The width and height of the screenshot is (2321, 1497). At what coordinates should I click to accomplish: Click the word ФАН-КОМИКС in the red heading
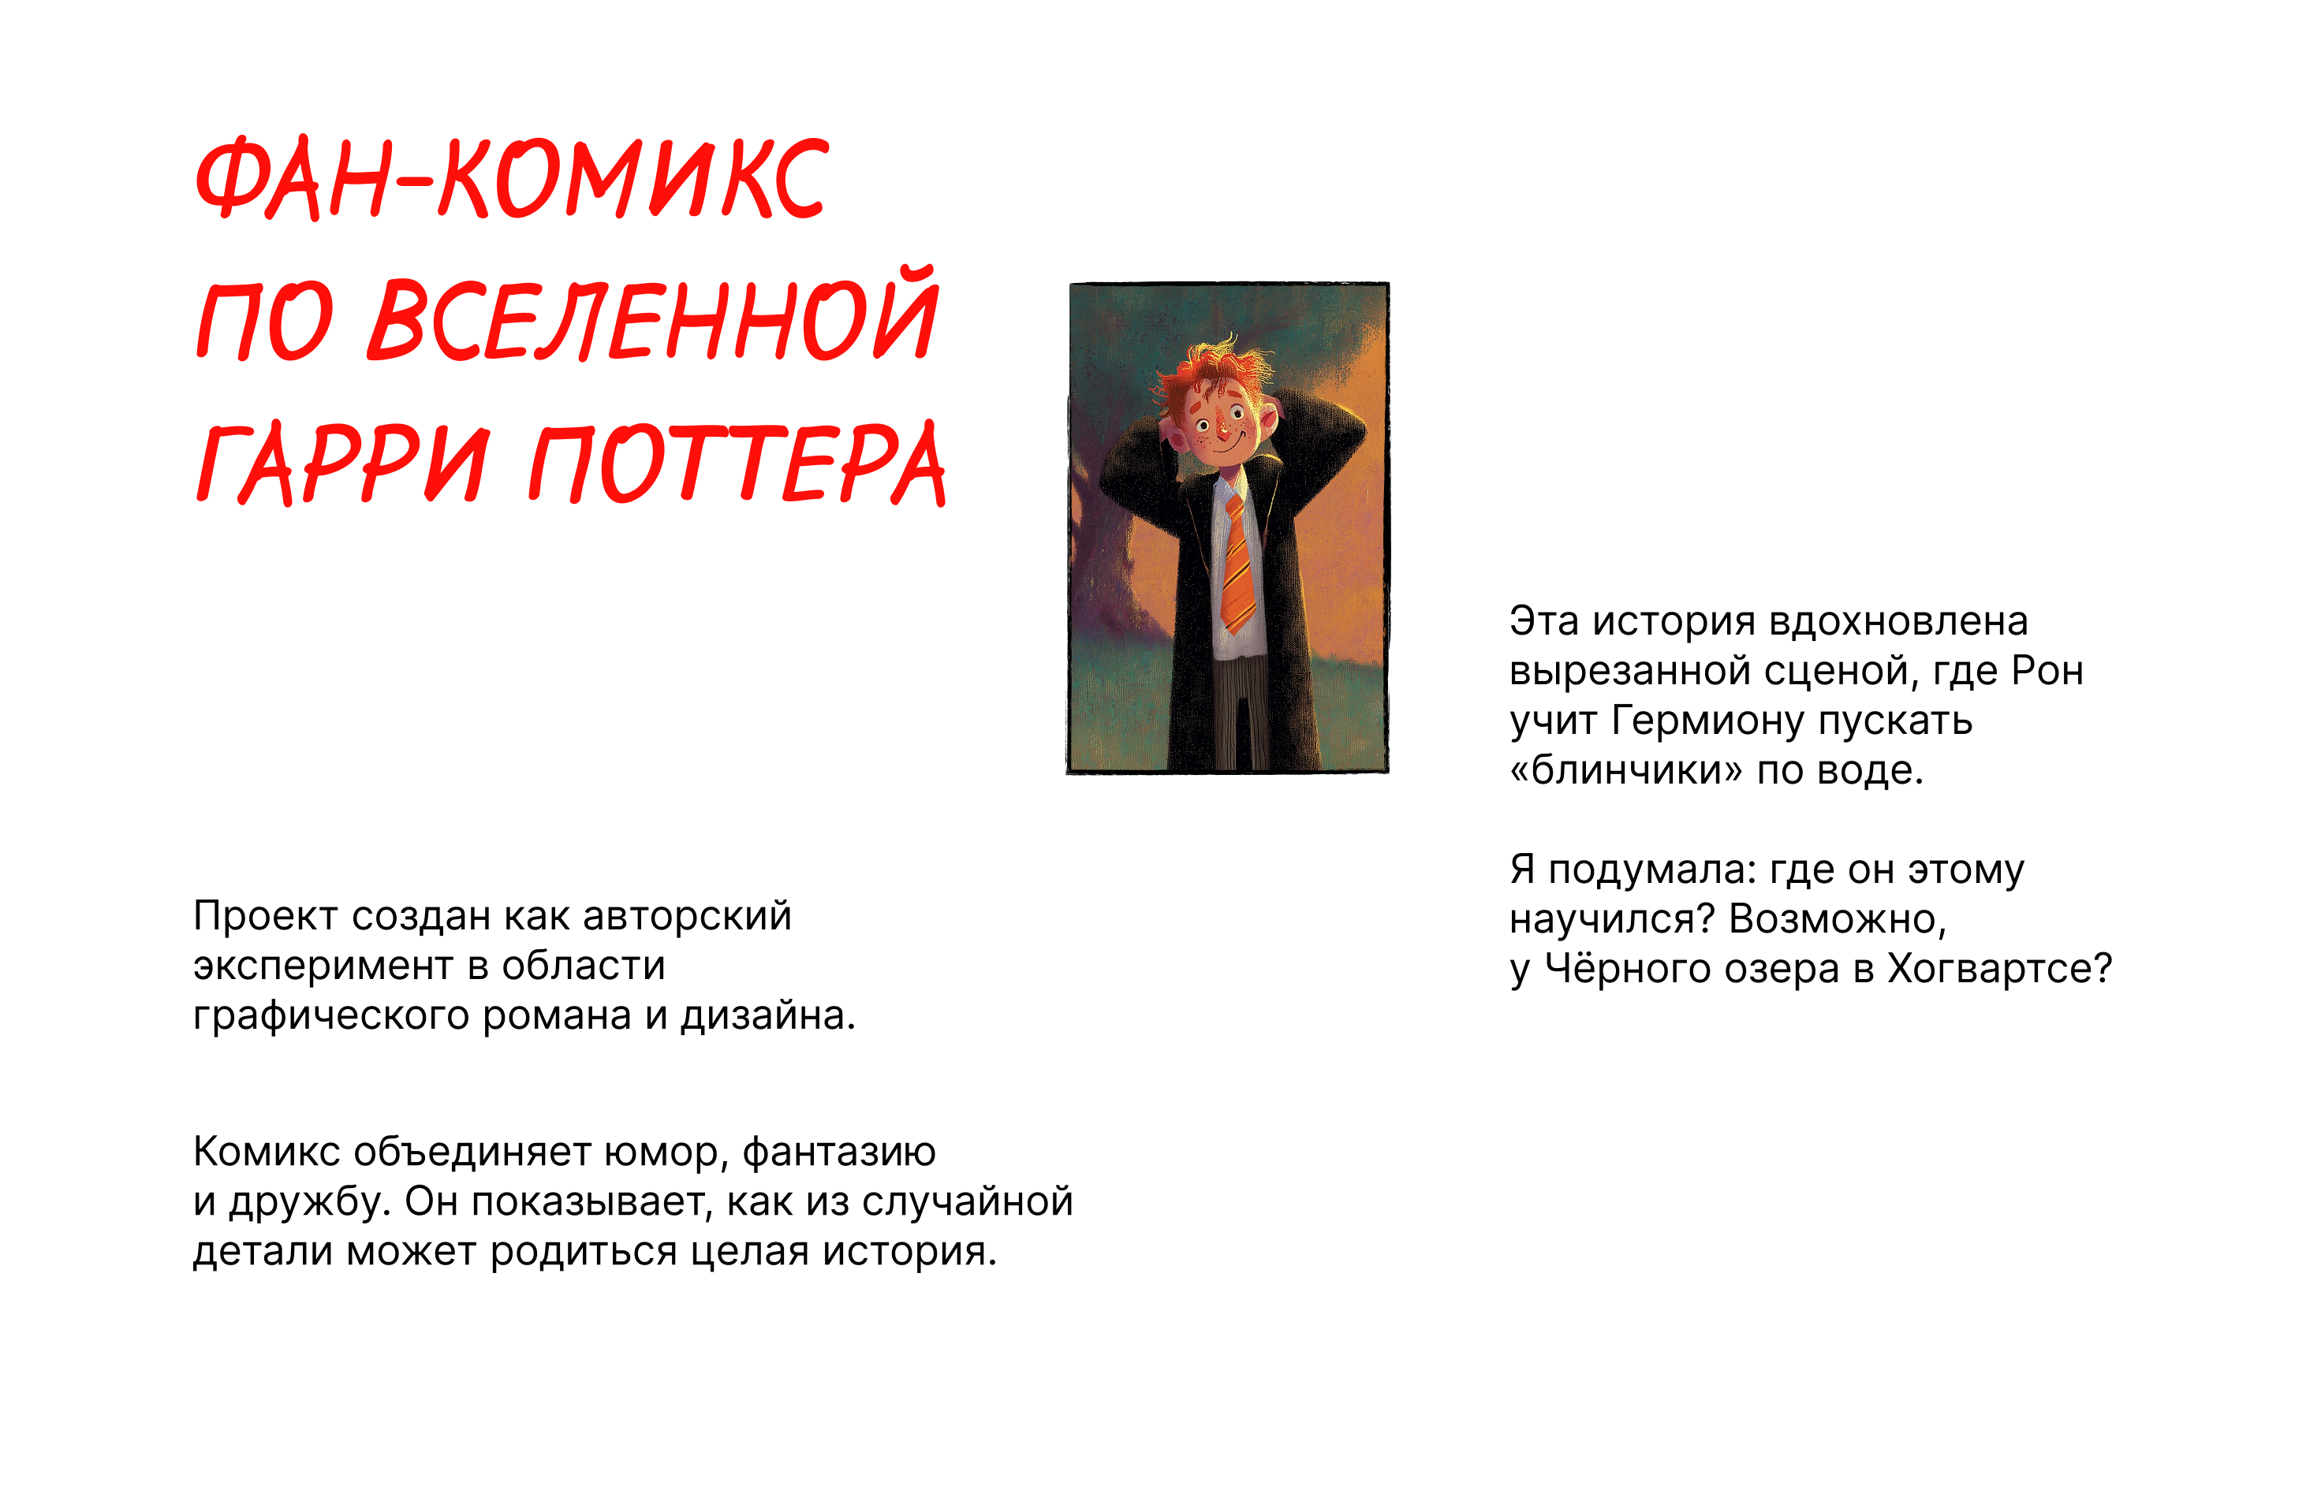(x=513, y=178)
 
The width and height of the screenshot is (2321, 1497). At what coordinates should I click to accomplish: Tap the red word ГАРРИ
(x=341, y=464)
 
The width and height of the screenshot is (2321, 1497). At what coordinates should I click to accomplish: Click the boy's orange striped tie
(x=1237, y=564)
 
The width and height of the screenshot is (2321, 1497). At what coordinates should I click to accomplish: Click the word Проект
(x=266, y=916)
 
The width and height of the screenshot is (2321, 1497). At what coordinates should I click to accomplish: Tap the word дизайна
(x=767, y=1017)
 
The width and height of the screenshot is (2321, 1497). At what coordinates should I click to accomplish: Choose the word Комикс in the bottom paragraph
(x=267, y=1152)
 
